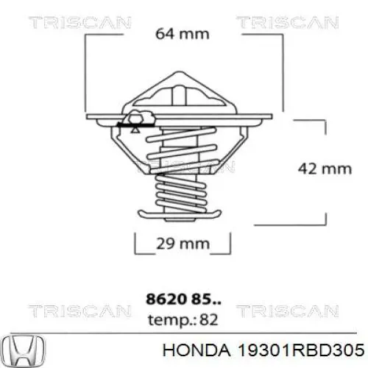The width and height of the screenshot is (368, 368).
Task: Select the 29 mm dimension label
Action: (183, 243)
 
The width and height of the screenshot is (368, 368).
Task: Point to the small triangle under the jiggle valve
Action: (136, 127)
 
